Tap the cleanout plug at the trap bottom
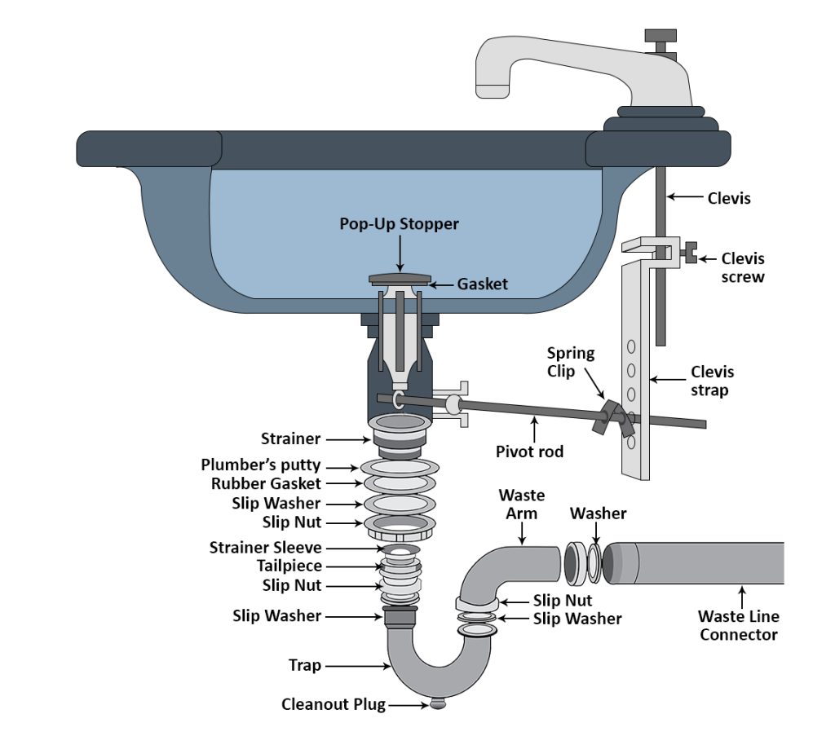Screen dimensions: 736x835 pos(438,703)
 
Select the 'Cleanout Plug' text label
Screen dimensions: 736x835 pos(333,703)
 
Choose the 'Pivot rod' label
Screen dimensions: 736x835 pos(529,451)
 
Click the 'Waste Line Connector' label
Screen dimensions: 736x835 pos(739,625)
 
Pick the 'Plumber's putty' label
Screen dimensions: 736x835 pos(261,465)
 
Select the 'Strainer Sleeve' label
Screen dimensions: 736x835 pos(265,548)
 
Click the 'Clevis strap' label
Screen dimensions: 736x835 pos(712,381)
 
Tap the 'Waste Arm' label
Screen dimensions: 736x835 pos(522,505)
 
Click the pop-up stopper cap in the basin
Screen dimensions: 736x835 pos(400,279)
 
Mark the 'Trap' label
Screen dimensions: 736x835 pos(305,666)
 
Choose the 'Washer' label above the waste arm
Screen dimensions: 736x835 pos(598,513)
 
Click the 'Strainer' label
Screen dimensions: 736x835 pos(290,439)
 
